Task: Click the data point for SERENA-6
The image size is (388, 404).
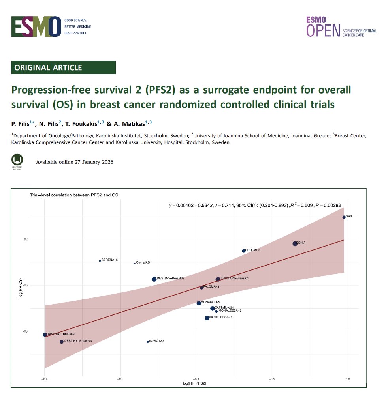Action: pyautogui.click(x=100, y=260)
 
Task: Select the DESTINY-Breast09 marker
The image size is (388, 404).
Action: pyautogui.click(x=154, y=279)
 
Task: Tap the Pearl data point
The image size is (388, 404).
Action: pyautogui.click(x=344, y=217)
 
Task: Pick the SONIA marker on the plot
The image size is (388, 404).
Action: pyautogui.click(x=295, y=244)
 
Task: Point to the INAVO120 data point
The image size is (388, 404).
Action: pyautogui.click(x=148, y=342)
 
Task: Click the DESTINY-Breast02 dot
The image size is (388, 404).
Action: pyautogui.click(x=45, y=335)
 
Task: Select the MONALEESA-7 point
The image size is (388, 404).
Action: pyautogui.click(x=207, y=318)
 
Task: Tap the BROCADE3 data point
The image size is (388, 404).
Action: pyautogui.click(x=244, y=251)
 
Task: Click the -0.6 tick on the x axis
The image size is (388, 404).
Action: pyautogui.click(x=120, y=379)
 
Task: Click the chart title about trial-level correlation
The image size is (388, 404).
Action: pyautogui.click(x=74, y=195)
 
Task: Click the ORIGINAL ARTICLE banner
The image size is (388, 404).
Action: pyautogui.click(x=63, y=67)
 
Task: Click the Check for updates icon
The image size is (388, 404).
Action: pyautogui.click(x=17, y=160)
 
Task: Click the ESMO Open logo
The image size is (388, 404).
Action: pyautogui.click(x=341, y=27)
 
